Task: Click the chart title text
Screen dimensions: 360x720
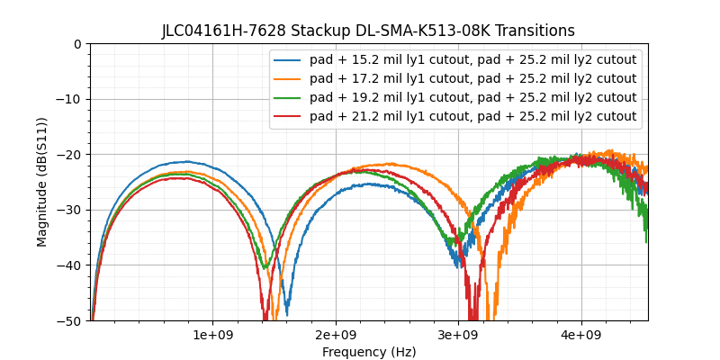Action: [368, 31]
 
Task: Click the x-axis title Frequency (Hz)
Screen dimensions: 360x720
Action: [369, 352]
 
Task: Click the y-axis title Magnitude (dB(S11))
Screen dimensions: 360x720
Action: [42, 181]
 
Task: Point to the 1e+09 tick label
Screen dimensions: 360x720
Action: [212, 336]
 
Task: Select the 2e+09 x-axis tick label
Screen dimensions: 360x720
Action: [336, 336]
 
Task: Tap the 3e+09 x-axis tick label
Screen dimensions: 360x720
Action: [458, 336]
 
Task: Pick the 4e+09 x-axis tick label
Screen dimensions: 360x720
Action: [580, 336]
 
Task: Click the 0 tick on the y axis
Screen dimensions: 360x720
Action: [77, 44]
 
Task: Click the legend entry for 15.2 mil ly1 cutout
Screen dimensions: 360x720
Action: [472, 60]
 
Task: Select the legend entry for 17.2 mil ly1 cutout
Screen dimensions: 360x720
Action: [472, 79]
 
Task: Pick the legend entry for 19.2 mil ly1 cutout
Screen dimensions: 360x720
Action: [472, 97]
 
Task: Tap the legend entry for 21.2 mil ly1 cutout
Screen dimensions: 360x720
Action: [472, 116]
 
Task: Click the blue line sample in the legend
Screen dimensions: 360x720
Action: [288, 60]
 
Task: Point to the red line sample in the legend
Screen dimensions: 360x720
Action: [288, 116]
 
